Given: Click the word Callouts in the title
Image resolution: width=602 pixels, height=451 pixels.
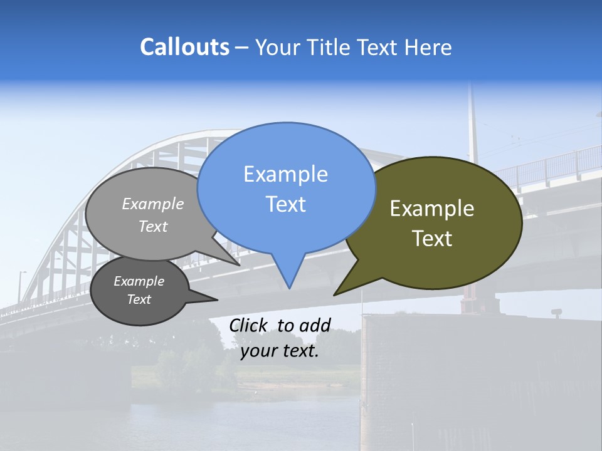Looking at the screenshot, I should pos(184,47).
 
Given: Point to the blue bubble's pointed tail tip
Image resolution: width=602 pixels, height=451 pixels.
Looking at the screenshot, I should pos(289,288).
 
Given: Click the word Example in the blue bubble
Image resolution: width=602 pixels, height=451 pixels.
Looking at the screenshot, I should pos(285,174).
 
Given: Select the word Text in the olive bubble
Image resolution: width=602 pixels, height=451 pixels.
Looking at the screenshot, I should pos(432,239).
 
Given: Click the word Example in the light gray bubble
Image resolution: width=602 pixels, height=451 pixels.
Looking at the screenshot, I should pos(153,204).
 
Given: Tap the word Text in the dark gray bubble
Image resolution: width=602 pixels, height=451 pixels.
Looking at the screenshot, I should pos(139,299).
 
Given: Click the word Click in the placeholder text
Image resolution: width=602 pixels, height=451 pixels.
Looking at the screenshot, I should pos(249,325).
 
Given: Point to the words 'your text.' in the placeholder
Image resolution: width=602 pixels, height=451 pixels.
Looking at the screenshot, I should pos(280,351).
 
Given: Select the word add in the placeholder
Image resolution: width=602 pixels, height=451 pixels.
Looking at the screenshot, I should pos(315,325).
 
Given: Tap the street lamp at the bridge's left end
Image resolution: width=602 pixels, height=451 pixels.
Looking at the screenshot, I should pos(21,285).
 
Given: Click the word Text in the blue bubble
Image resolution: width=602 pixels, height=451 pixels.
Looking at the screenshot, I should pos(285,204).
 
